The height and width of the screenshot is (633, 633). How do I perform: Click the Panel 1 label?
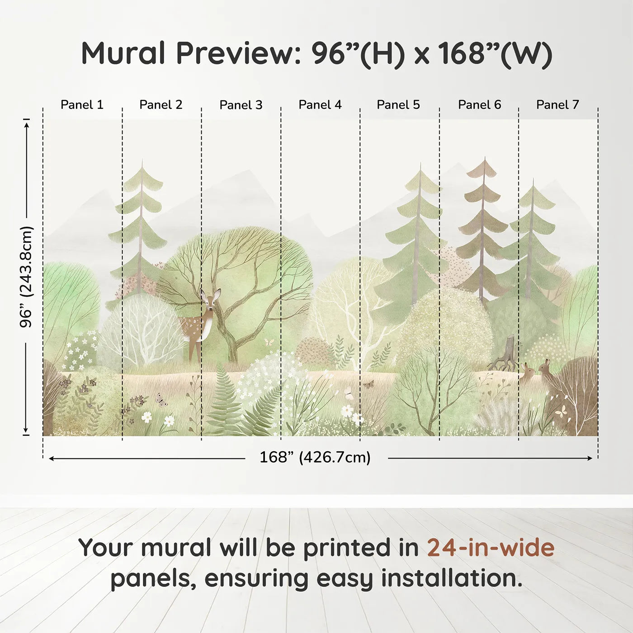82,105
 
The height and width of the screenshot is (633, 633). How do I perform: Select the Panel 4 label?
320,105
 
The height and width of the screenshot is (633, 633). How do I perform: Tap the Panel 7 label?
557,105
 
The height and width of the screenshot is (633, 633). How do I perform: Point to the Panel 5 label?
398,105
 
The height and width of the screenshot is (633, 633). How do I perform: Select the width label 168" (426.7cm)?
315,457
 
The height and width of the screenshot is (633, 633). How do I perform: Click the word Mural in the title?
123,53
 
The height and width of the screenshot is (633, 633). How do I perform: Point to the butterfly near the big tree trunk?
269,342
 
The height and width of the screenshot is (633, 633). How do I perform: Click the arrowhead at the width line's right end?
590,458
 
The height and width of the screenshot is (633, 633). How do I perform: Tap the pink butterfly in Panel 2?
161,400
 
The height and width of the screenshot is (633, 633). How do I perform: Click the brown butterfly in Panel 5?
368,384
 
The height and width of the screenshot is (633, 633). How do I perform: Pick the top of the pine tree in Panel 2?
142,160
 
